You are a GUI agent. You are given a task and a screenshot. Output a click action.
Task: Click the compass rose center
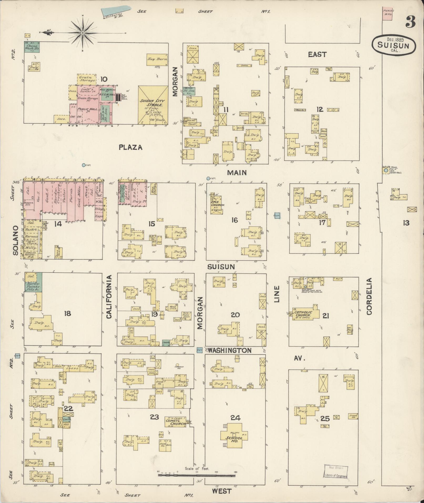coord(83,33)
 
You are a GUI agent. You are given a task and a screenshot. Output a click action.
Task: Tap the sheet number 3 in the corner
coord(410,22)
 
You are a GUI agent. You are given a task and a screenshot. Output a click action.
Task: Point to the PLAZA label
coord(130,147)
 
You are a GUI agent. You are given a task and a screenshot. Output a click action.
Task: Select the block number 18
coord(68,313)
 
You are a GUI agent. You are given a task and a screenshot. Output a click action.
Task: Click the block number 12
coord(320,109)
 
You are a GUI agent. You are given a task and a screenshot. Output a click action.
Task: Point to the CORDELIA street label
coord(369,296)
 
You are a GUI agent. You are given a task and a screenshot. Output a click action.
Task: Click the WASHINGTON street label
coord(230,350)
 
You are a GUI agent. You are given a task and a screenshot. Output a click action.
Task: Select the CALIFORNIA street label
coord(109,297)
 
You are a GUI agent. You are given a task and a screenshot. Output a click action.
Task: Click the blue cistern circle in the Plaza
coord(84,165)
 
